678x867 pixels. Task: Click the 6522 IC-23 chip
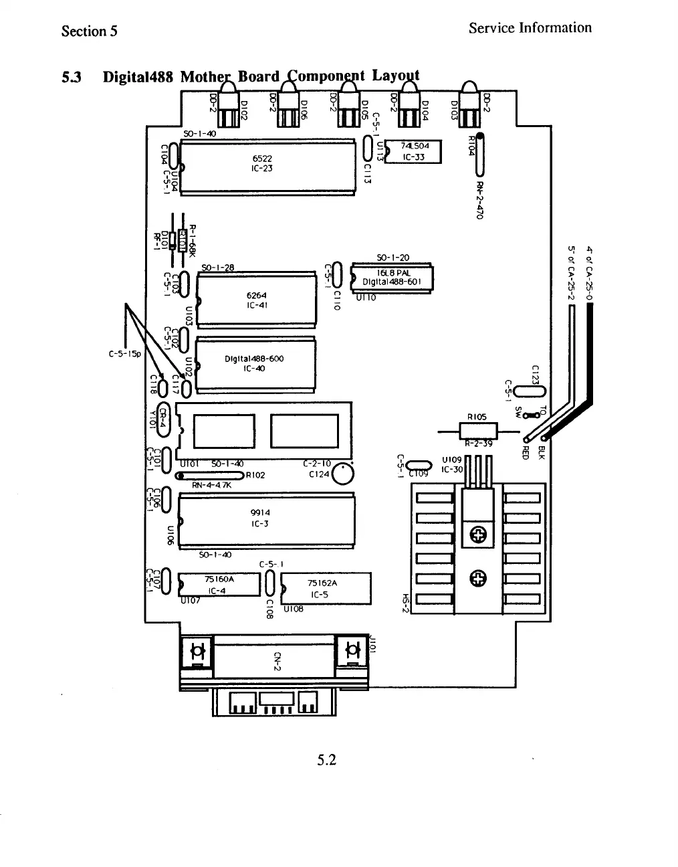click(x=267, y=165)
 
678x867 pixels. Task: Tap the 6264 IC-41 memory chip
click(x=257, y=300)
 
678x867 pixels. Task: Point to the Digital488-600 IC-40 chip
click(x=255, y=364)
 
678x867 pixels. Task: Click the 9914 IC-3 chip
click(x=265, y=518)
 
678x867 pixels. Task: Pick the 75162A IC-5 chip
click(x=326, y=588)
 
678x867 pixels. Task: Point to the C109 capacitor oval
click(x=419, y=466)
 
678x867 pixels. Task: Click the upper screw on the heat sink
click(x=478, y=534)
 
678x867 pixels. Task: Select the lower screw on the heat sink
click(x=478, y=577)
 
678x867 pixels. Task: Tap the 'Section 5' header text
click(x=89, y=31)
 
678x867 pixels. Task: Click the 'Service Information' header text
click(x=530, y=28)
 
